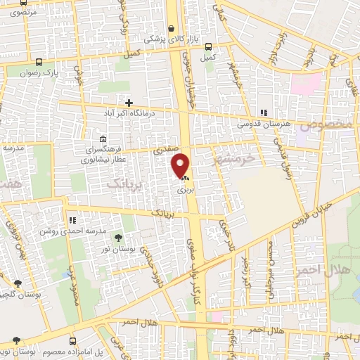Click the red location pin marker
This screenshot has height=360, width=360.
point(181,165)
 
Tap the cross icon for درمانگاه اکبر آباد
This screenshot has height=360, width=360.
point(127,103)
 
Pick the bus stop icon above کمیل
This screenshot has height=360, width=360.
point(207,47)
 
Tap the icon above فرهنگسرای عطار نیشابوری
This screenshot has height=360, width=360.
point(103,139)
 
